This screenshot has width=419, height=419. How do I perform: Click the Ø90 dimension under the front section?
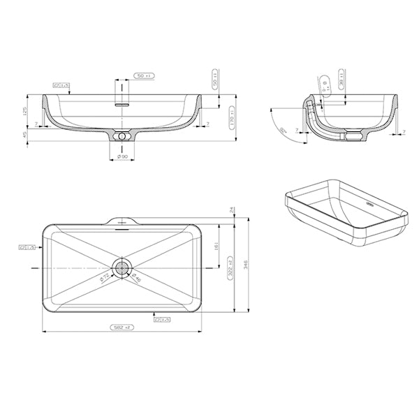click(x=122, y=156)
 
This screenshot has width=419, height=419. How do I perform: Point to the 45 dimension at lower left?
click(x=27, y=135)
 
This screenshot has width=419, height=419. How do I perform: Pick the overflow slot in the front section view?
click(x=122, y=102)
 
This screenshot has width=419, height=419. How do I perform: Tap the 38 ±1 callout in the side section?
click(x=341, y=78)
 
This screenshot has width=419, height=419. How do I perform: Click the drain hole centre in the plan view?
click(x=123, y=267)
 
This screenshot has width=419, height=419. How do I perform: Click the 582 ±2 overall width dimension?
click(x=123, y=327)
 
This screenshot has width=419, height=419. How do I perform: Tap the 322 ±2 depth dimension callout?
click(x=230, y=268)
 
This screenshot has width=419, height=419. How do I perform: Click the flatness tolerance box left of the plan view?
click(x=29, y=247)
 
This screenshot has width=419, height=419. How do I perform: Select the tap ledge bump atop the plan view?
click(x=123, y=220)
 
